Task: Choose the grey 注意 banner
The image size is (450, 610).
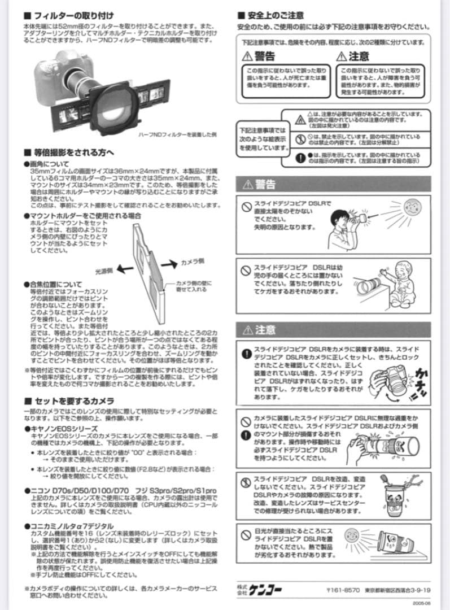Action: [x=333, y=329]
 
